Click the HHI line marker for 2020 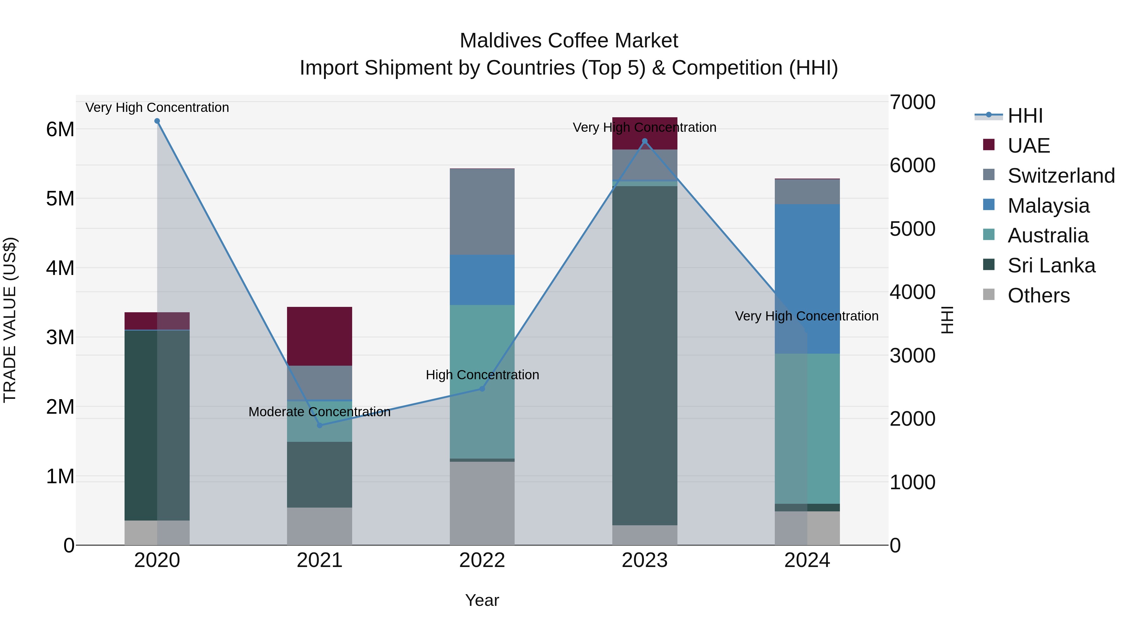pos(157,121)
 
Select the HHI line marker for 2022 pos(482,389)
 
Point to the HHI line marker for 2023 pos(645,141)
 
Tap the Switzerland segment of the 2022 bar pos(482,212)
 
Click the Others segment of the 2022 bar pos(482,503)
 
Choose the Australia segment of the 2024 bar pos(807,429)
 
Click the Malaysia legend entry pos(1048,206)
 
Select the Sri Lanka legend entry pos(1051,265)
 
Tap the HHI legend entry pos(1025,116)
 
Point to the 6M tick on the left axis pos(60,129)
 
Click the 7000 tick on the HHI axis pos(912,102)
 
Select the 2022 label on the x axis pos(482,560)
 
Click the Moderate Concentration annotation pos(319,411)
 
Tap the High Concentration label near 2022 pos(482,375)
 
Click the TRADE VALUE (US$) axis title pos(10,320)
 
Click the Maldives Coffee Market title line pos(569,41)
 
